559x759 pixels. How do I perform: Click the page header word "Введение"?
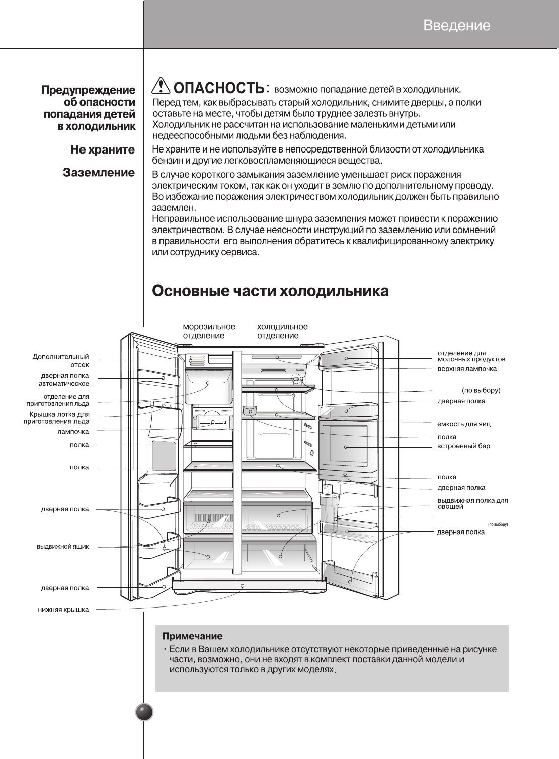pyautogui.click(x=456, y=25)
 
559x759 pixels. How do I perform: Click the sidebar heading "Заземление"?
pyautogui.click(x=99, y=173)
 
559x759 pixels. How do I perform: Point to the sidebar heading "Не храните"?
pyautogui.click(x=103, y=149)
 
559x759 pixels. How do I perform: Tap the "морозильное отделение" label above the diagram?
pyautogui.click(x=209, y=331)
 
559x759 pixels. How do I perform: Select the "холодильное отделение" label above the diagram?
pyautogui.click(x=282, y=331)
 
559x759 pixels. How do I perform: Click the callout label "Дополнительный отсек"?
pyautogui.click(x=61, y=360)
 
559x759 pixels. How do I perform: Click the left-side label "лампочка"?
pyautogui.click(x=73, y=432)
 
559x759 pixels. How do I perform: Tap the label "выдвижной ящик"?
pyautogui.click(x=63, y=547)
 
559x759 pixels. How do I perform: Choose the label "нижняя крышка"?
pyautogui.click(x=63, y=610)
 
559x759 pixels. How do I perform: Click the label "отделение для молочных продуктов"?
pyautogui.click(x=471, y=356)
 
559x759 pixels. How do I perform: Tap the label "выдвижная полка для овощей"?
pyautogui.click(x=472, y=503)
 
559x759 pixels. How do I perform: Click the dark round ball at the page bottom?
pyautogui.click(x=144, y=712)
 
